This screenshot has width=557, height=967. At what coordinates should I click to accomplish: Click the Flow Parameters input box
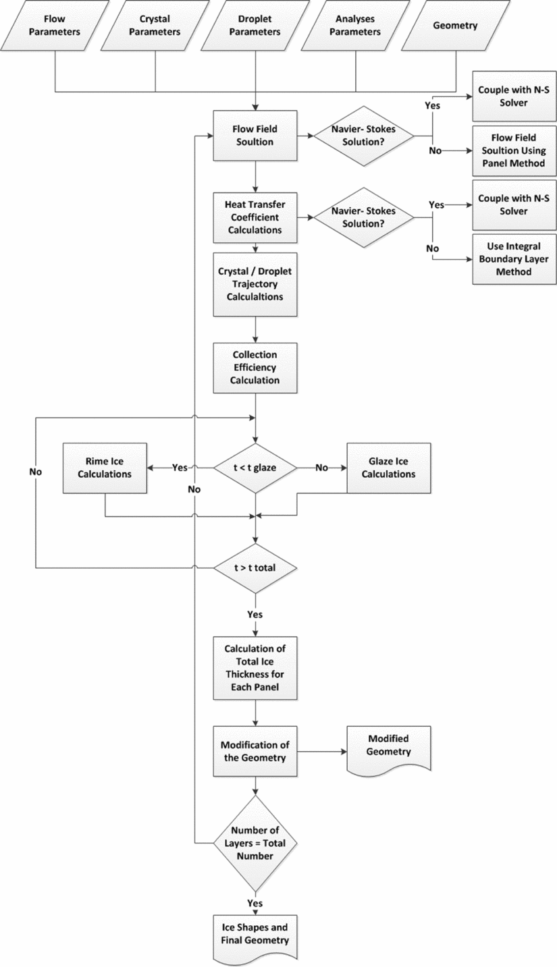pyautogui.click(x=55, y=25)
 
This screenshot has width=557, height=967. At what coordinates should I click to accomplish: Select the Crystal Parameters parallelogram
pyautogui.click(x=155, y=25)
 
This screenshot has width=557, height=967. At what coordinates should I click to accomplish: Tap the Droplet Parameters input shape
pyautogui.click(x=255, y=25)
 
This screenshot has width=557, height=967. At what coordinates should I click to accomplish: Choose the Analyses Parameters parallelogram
pyautogui.click(x=356, y=25)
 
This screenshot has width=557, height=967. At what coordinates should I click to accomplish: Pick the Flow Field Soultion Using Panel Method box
pyautogui.click(x=515, y=149)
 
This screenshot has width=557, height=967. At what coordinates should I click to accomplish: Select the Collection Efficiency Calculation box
pyautogui.click(x=255, y=368)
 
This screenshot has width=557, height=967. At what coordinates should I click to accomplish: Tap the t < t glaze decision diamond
pyautogui.click(x=255, y=467)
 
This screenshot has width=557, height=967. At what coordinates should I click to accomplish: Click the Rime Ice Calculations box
pyautogui.click(x=105, y=467)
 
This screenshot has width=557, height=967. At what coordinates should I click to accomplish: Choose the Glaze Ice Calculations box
pyautogui.click(x=388, y=467)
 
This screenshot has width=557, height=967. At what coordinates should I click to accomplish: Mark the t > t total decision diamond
pyautogui.click(x=255, y=568)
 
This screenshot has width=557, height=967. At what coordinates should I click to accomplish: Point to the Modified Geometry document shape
pyautogui.click(x=388, y=748)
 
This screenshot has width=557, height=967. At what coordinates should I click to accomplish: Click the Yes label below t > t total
pyautogui.click(x=255, y=614)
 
